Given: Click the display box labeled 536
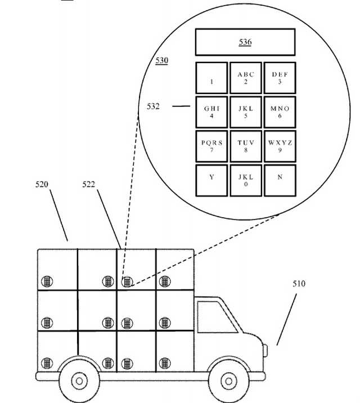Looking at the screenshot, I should pos(245,42).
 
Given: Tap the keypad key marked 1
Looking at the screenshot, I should pos(211,78).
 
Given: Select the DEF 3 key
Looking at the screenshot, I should pos(280,78).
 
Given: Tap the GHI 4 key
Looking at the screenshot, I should pos(211,112).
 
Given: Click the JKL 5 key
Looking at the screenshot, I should pos(246,112).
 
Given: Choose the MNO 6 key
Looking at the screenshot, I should pos(280,112).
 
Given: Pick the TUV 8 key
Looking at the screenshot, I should pos(246,146).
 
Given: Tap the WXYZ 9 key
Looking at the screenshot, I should pos(280,146).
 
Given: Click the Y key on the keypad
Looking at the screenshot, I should pos(211,180).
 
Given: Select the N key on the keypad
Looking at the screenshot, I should pos(280,180).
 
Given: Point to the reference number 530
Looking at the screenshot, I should pos(161,60).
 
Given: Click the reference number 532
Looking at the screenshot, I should pos(153,105).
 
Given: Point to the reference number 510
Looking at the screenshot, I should pos(299,284).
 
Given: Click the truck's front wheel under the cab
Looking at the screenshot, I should pos(227,380).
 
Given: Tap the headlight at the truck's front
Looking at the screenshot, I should pos(264,350).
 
